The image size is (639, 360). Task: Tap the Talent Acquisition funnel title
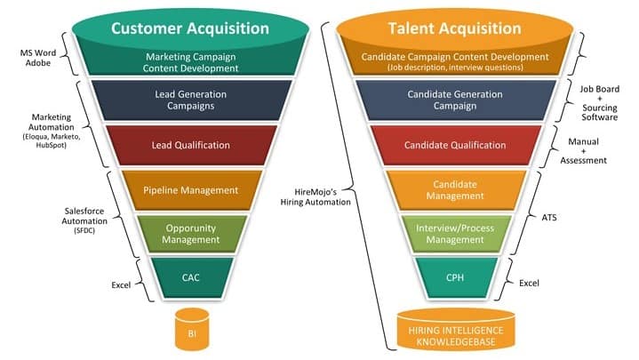pyautogui.click(x=455, y=28)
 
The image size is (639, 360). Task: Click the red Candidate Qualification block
pyautogui.click(x=455, y=144)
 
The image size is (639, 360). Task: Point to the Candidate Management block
pyautogui.click(x=455, y=189)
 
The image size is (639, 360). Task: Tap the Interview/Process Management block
pyautogui.click(x=455, y=232)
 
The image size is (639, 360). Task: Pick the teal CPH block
pyautogui.click(x=455, y=276)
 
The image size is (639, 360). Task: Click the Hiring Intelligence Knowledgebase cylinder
pyautogui.click(x=455, y=330)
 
